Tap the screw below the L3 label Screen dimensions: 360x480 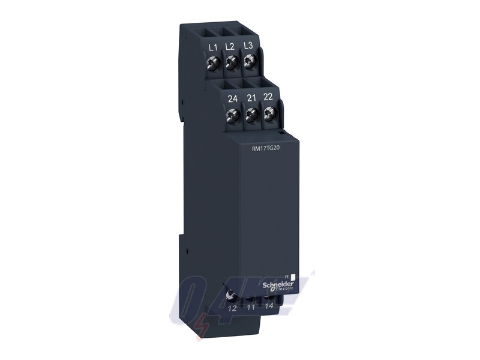tap(248, 61)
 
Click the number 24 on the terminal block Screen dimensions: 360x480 tap(229, 98)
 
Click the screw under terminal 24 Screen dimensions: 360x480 tap(230, 113)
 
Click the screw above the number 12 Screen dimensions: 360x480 tap(232, 294)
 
